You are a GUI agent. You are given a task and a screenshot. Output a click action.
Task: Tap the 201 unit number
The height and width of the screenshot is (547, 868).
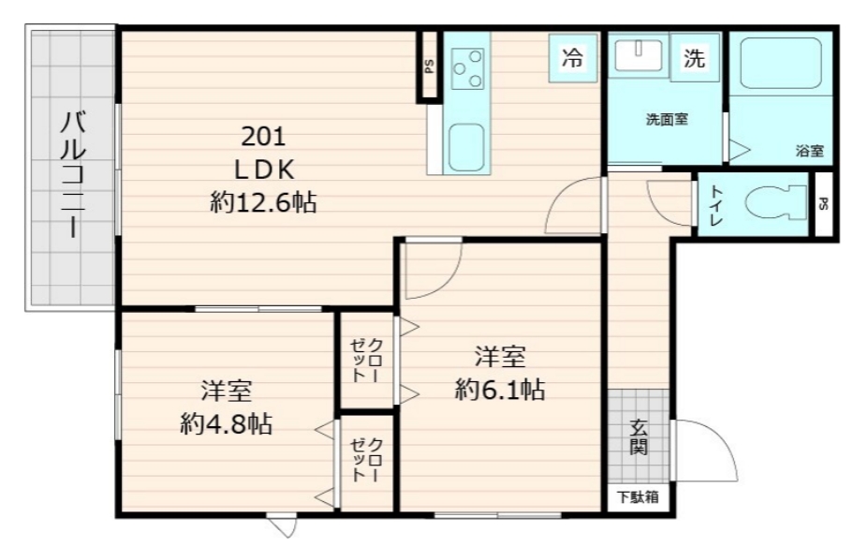263,137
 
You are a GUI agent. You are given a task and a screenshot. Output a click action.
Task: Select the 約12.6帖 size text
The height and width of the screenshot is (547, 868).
263,201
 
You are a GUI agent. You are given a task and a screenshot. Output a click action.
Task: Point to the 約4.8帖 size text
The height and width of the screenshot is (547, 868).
226,424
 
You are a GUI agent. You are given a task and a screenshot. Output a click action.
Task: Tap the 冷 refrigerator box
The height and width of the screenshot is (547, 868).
570,58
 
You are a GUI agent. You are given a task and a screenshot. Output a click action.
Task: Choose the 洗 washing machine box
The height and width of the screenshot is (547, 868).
694,59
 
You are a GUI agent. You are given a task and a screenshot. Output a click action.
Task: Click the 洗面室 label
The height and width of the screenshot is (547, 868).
667,120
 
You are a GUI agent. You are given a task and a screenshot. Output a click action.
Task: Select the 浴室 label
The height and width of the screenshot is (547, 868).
809,150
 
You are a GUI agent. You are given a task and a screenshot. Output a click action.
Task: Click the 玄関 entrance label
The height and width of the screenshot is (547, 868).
638,436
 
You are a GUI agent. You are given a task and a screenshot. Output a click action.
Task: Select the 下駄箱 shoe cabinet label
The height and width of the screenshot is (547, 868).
637,497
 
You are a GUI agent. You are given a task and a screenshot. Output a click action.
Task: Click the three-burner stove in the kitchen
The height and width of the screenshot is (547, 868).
467,67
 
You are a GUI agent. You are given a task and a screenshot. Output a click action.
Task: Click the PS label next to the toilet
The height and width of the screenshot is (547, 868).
823,204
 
